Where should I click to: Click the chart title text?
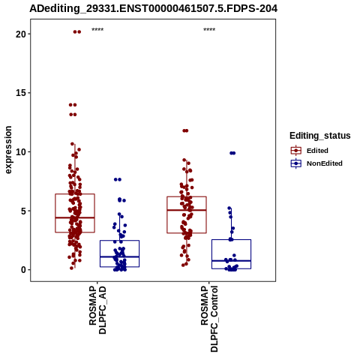pos(154,8)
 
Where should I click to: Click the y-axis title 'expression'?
pos(8,150)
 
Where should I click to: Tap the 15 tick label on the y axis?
pos(21,93)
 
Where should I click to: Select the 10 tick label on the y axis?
pos(21,151)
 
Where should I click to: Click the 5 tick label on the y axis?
pos(23,211)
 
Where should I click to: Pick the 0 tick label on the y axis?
pos(23,270)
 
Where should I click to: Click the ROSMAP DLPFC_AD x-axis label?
pos(97,310)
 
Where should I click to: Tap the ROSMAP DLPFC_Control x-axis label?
pos(209,319)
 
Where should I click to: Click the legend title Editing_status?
pos(320,136)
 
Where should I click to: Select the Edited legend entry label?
pos(317,151)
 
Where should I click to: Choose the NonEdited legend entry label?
pos(325,163)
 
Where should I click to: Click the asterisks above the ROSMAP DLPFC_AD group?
pos(97,29)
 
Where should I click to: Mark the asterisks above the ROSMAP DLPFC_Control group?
pos(209,29)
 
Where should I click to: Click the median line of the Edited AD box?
pos(75,217)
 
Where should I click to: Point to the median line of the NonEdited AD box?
pos(119,256)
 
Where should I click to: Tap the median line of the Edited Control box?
pos(187,210)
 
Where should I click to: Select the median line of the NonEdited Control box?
pos(231,260)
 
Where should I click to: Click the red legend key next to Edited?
pos(296,151)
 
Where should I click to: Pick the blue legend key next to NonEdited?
pos(296,163)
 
